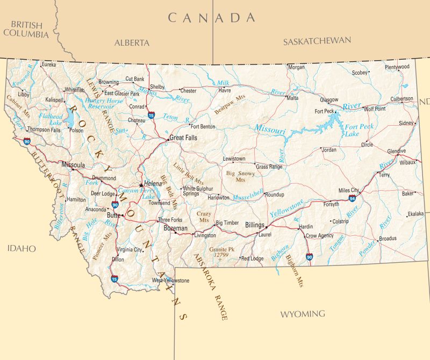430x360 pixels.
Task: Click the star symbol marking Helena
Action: [141, 185]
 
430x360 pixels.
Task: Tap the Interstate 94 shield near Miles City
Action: [352, 199]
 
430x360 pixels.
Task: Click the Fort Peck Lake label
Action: [359, 130]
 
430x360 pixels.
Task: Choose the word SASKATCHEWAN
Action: [317, 41]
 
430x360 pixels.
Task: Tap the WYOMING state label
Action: [303, 313]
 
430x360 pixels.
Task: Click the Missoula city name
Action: [74, 165]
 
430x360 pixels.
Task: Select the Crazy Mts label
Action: [204, 217]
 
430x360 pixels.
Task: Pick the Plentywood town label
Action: [397, 67]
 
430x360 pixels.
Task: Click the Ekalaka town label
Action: [416, 213]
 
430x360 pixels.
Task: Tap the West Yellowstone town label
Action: [170, 280]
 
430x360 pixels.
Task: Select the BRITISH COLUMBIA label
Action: [26, 29]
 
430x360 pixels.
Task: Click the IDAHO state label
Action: [21, 248]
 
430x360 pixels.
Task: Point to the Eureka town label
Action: [48, 64]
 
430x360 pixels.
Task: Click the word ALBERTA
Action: [132, 42]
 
